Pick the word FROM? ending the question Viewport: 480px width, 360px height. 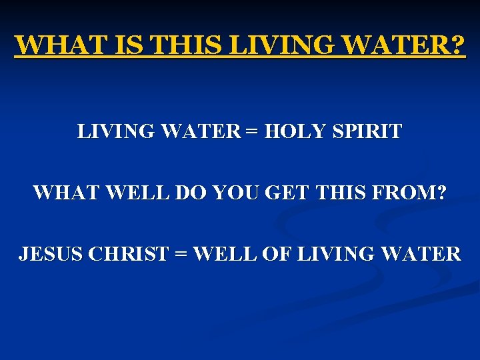coord(413,193)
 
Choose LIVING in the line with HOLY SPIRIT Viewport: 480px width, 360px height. coord(113,131)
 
